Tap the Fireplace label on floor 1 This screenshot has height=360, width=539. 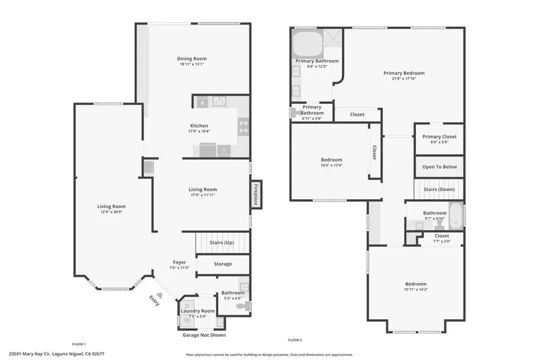256,194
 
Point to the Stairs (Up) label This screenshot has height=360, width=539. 221,242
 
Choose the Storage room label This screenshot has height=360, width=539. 222,264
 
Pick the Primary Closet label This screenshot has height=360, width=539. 439,136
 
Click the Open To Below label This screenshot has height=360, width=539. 439,166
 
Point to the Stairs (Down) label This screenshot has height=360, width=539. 439,189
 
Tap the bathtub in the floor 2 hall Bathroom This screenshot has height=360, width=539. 456,216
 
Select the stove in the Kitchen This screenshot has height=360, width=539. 243,126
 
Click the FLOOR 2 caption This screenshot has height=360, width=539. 294,340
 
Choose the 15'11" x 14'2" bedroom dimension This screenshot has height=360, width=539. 415,289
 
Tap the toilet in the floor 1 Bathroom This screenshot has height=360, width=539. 242,306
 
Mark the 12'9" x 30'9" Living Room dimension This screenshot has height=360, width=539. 111,212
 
